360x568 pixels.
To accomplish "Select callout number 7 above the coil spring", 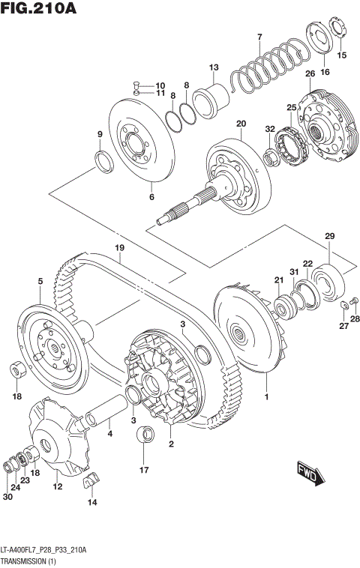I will tap(259, 37).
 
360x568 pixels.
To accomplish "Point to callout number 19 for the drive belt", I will tap(118, 248).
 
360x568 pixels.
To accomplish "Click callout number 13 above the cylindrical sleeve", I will tap(213, 67).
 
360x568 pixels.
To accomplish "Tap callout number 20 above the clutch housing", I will tap(241, 124).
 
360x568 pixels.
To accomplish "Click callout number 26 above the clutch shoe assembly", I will tap(309, 73).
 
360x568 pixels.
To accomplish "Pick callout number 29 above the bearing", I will tap(328, 237).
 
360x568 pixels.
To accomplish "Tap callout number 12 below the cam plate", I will tap(57, 487).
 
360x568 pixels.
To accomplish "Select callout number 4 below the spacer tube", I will tap(109, 433).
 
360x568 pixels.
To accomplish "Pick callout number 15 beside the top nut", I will tap(342, 55).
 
